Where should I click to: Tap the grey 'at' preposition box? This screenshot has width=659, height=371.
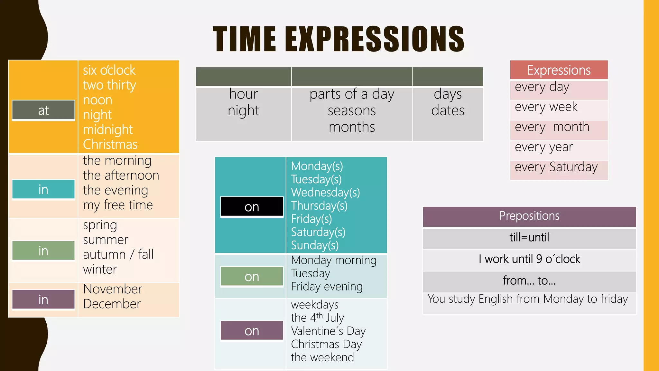tap(43, 110)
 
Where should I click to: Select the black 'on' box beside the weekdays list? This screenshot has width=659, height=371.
tap(252, 207)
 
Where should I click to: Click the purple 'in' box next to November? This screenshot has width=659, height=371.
tap(43, 300)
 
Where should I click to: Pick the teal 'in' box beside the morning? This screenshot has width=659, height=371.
tap(43, 189)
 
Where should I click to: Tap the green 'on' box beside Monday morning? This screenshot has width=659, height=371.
tap(252, 277)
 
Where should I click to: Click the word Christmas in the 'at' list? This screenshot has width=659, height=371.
tap(110, 144)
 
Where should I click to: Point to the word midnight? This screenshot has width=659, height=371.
tap(108, 129)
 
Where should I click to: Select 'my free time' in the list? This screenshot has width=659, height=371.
tap(118, 205)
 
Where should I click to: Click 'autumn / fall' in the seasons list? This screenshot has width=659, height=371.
tap(118, 254)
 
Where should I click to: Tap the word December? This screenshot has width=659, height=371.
tap(112, 304)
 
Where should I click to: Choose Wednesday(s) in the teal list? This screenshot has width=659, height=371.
tap(325, 193)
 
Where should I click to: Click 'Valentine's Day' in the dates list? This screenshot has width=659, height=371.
tap(328, 331)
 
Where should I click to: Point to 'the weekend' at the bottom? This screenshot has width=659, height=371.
tap(322, 357)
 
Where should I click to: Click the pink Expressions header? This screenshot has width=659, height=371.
tap(559, 70)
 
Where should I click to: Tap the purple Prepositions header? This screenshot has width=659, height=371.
tap(529, 216)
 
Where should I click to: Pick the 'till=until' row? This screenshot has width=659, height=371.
tap(529, 238)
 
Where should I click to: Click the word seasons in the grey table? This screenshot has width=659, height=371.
tap(352, 111)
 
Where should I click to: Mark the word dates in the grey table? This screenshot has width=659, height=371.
tap(448, 111)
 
